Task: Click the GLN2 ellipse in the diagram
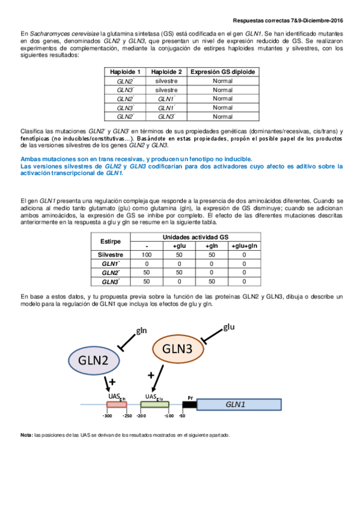[x=94, y=360]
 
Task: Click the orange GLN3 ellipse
[x=178, y=349]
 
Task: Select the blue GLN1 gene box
[x=239, y=405]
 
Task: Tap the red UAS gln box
[x=117, y=405]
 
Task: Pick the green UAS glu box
[x=154, y=405]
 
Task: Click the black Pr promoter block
[x=189, y=405]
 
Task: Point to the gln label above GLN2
[x=141, y=331]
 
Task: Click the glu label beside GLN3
[x=229, y=327]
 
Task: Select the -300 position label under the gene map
[x=107, y=416]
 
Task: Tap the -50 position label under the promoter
[x=182, y=416]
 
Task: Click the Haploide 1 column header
[x=125, y=72]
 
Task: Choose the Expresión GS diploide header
[x=222, y=72]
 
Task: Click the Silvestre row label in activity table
[x=111, y=255]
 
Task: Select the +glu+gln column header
[x=245, y=246]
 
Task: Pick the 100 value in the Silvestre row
[x=147, y=255]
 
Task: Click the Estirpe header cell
[x=111, y=241]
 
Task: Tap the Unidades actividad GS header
[x=195, y=237]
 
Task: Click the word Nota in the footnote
[x=26, y=435]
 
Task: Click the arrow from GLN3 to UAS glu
[x=157, y=379]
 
